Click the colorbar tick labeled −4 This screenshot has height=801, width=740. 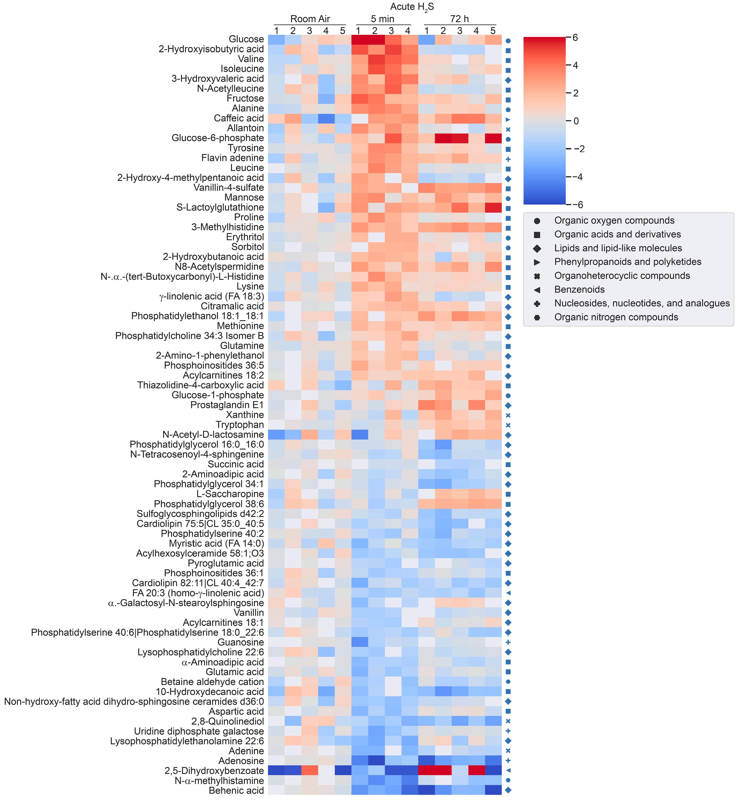tap(577, 177)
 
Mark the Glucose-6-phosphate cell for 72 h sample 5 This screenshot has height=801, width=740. tap(493, 138)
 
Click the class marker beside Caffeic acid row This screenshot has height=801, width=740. tap(508, 119)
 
